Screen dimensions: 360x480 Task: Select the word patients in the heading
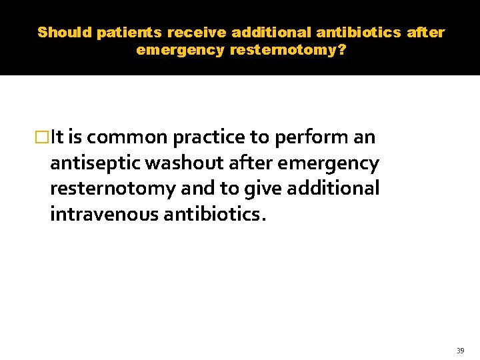129,32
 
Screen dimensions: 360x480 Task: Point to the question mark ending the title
342,50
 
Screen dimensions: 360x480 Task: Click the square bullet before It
43,138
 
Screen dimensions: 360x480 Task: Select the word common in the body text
126,137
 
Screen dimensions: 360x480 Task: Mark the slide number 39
460,351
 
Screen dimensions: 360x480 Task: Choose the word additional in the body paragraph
333,188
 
